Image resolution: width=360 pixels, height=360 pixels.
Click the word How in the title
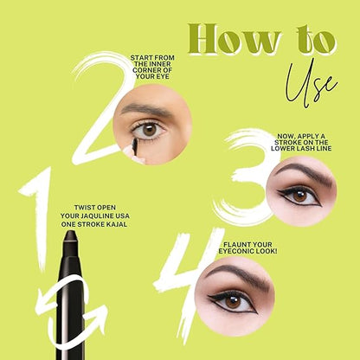tap(235, 39)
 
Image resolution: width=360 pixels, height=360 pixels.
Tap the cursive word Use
tap(310, 84)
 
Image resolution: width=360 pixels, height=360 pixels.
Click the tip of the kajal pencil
tap(70, 231)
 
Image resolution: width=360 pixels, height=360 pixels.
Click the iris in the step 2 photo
tap(150, 130)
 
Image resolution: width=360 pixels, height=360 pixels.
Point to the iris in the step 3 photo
tap(299, 196)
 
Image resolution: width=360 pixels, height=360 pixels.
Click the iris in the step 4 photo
tap(233, 302)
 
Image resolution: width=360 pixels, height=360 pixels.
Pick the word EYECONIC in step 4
tap(234, 251)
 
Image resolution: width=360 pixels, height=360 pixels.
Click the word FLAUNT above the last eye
tap(235, 245)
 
